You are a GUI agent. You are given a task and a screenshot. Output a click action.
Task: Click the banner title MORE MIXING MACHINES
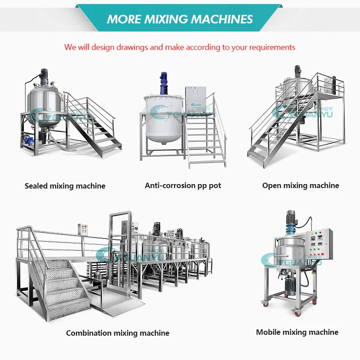[180, 19]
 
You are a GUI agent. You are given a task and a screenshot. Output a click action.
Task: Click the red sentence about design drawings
[180, 47]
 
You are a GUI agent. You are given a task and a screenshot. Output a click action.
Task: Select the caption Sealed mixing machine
[65, 186]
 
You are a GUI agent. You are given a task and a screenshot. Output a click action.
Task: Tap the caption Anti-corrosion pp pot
[183, 185]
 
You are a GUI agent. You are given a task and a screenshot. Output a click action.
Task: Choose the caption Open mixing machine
[301, 185]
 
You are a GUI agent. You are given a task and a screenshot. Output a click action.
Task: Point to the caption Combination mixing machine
[117, 333]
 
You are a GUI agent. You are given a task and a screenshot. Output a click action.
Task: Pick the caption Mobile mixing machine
[297, 332]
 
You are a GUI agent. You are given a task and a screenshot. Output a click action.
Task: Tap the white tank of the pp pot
[162, 117]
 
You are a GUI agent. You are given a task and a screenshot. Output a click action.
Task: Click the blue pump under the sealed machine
[31, 140]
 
